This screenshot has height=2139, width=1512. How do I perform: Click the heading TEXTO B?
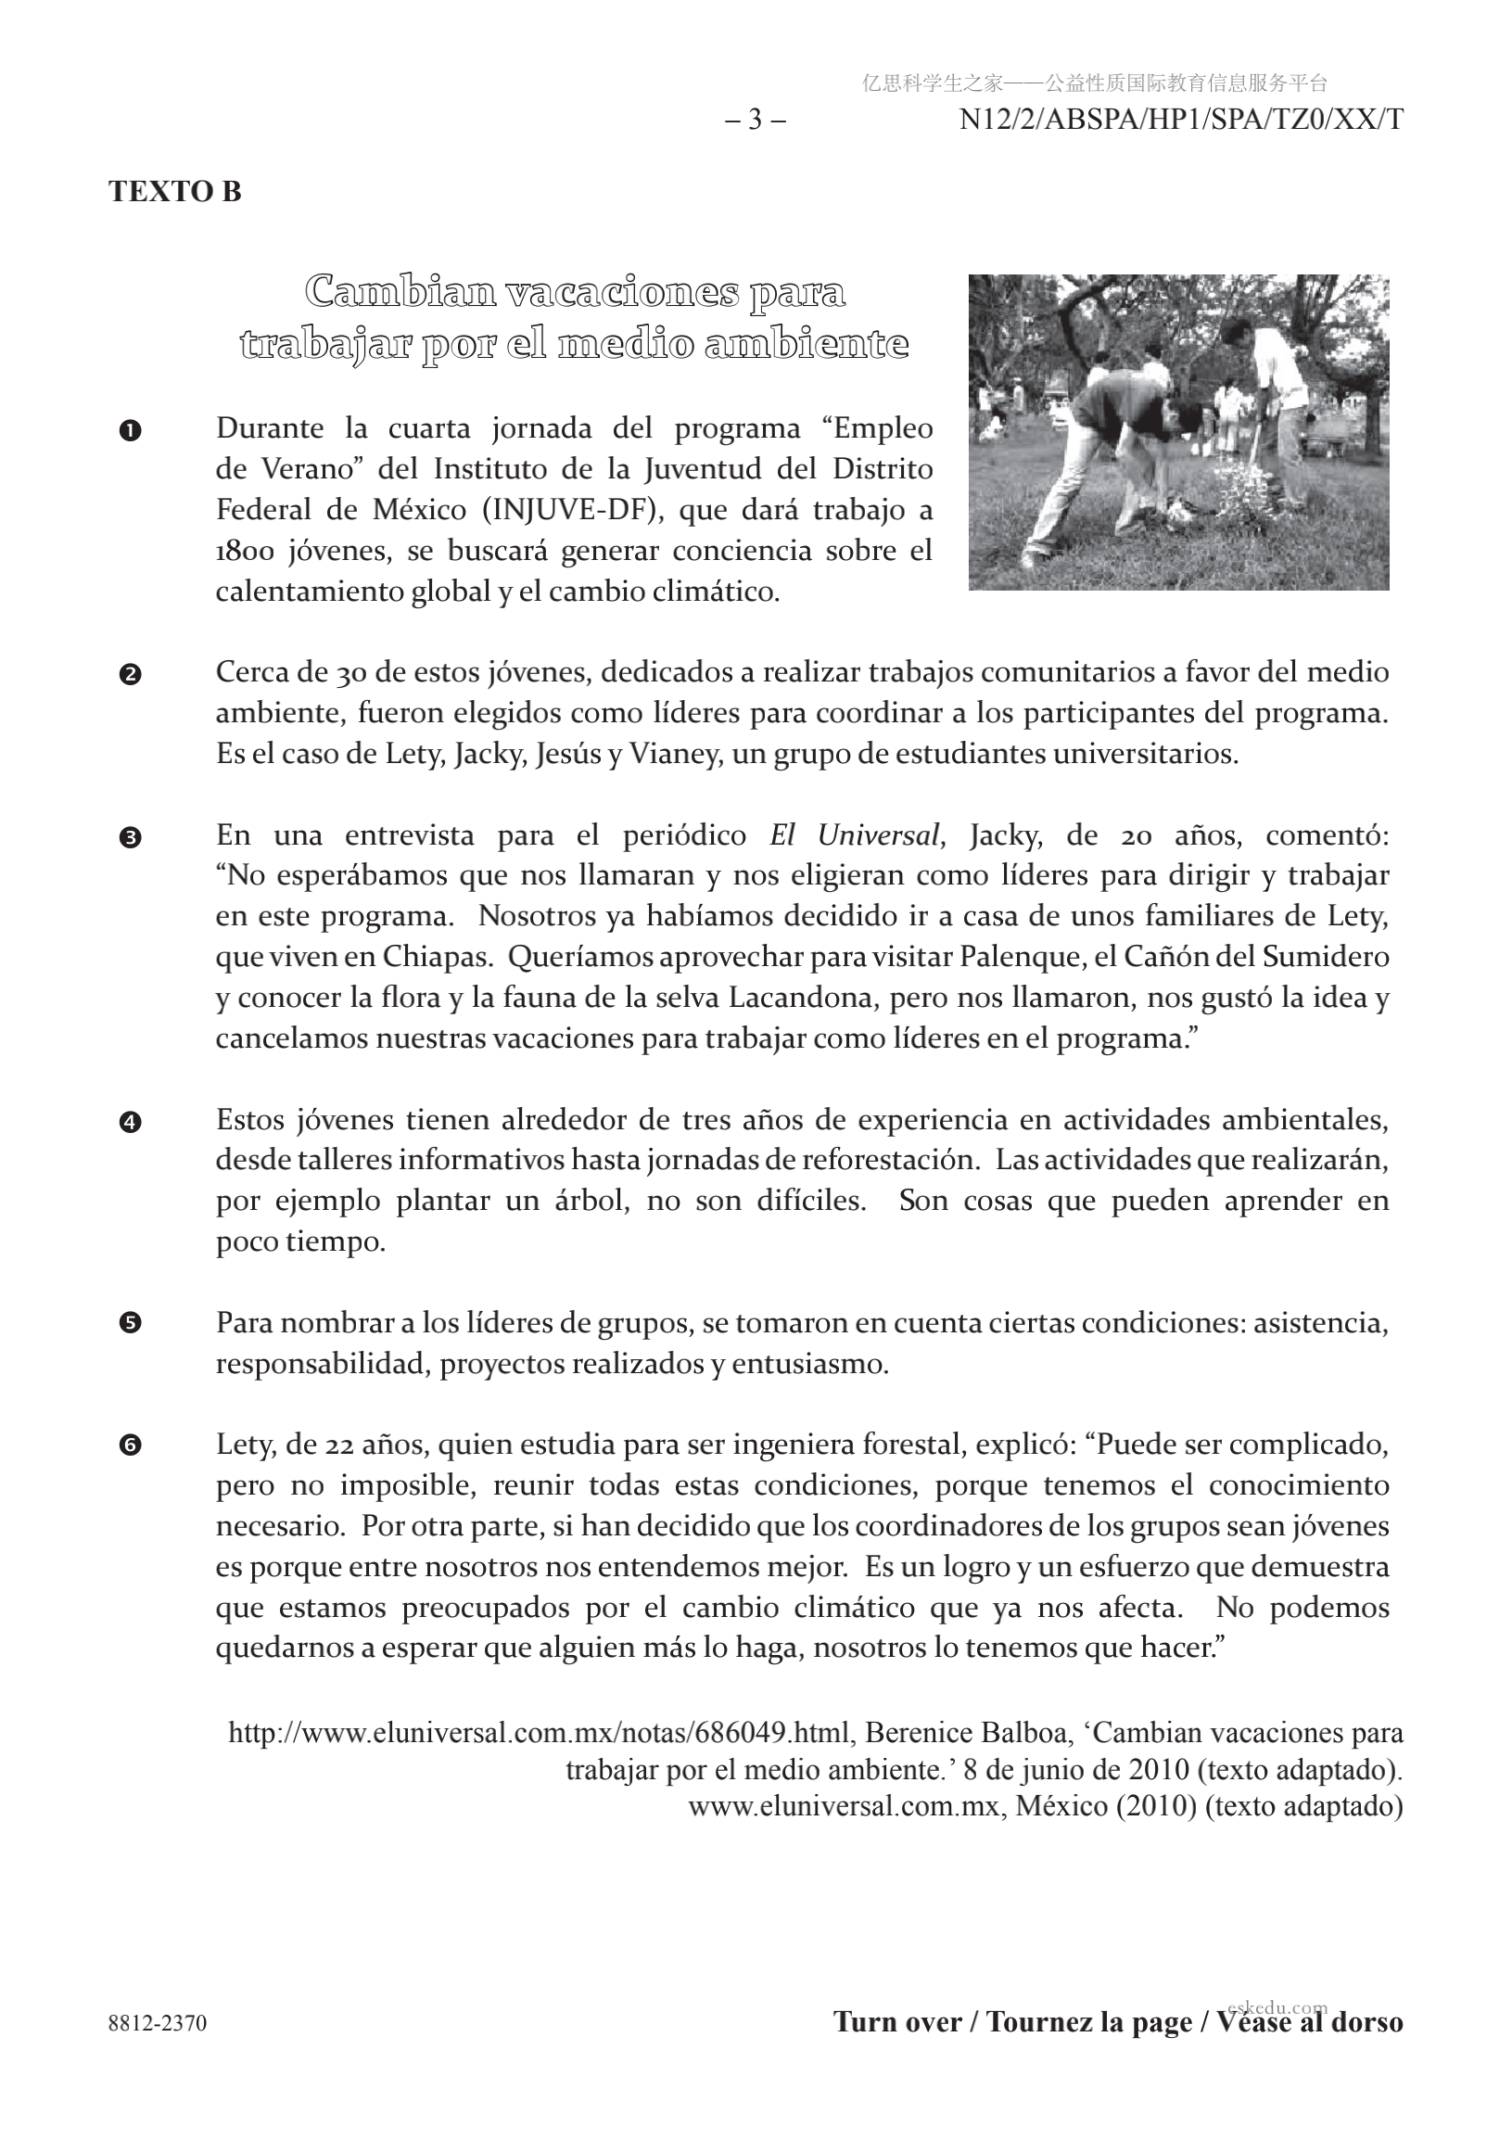click(175, 191)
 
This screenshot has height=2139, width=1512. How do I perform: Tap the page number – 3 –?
click(755, 121)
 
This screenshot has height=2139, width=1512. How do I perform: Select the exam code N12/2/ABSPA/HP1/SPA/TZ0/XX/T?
click(1180, 121)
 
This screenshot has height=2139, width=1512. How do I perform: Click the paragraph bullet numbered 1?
click(131, 430)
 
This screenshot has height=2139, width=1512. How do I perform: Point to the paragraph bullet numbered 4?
click(131, 1122)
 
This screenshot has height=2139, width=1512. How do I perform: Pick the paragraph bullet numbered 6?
click(131, 1447)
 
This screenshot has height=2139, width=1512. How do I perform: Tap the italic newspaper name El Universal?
click(854, 834)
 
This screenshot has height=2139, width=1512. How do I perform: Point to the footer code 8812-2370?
click(158, 2023)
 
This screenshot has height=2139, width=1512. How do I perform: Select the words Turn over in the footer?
click(897, 2022)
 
